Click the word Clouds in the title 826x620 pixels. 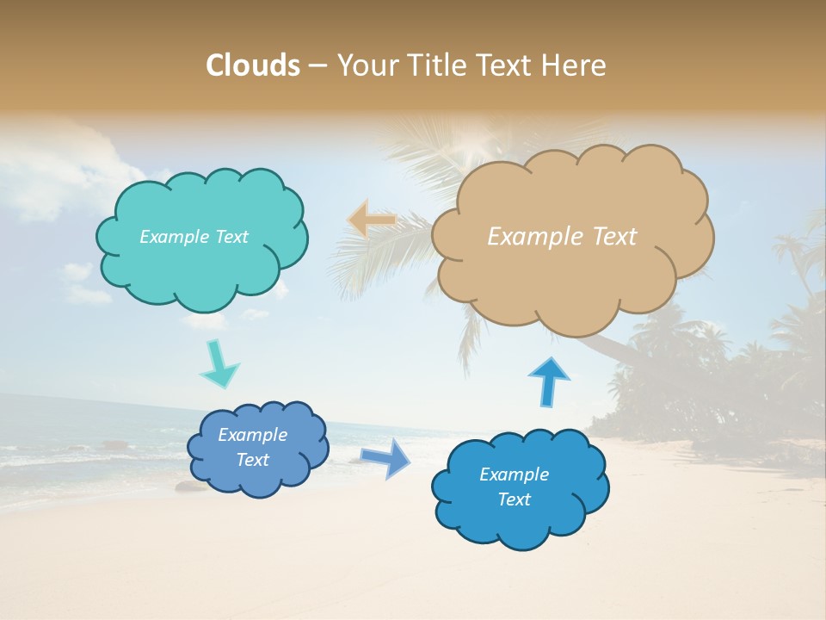click(253, 65)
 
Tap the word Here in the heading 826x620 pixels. click(575, 65)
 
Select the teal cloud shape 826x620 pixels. click(202, 267)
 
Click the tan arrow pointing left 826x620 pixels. click(372, 220)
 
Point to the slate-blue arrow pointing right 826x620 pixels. click(385, 457)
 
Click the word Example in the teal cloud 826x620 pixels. click(173, 237)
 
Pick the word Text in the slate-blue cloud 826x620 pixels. click(253, 460)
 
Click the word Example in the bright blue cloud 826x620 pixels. click(514, 474)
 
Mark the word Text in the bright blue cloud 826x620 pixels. click(514, 499)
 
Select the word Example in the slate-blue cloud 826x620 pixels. click(253, 435)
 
